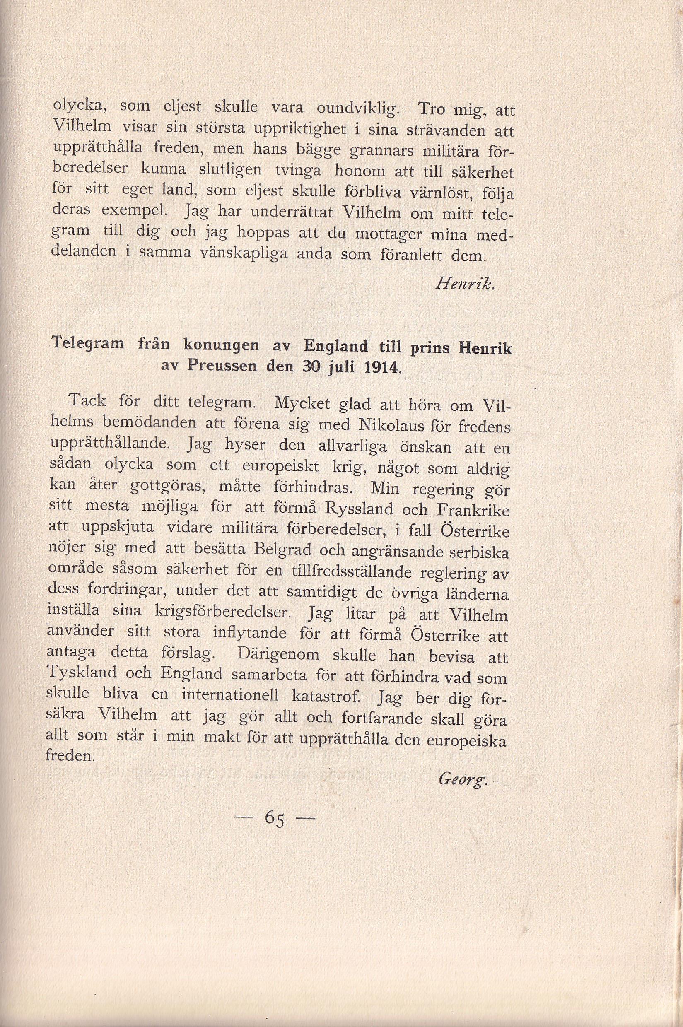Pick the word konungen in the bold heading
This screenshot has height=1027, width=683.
pos(221,345)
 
